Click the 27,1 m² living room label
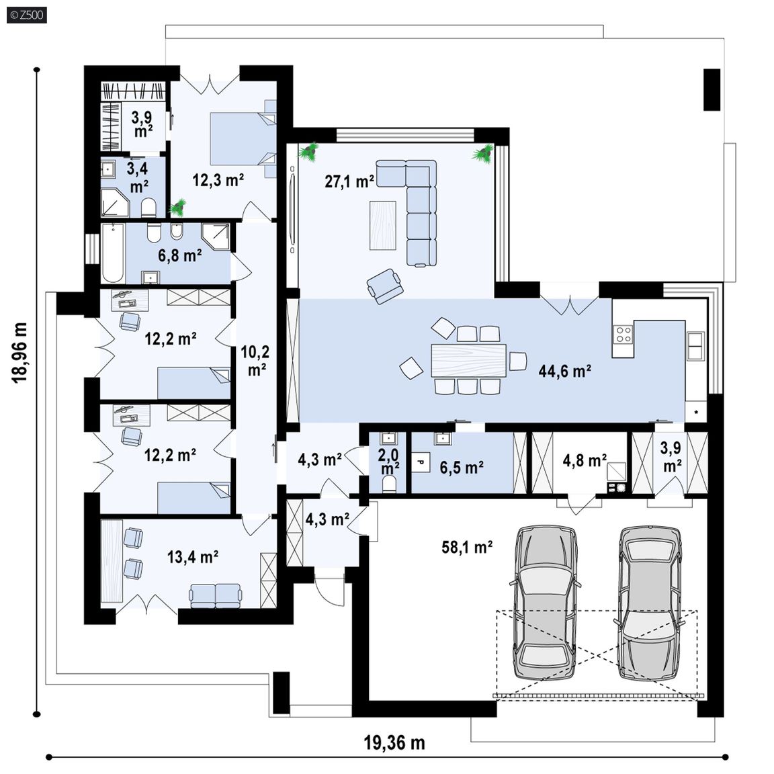349,181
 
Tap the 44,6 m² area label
564,371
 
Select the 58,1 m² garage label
467,547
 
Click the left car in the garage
545,602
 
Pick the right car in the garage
650,603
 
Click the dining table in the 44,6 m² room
468,360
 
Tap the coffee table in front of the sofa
382,226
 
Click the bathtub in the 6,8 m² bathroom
113,253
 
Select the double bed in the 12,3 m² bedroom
243,138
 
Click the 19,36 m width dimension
394,742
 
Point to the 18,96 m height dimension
20,353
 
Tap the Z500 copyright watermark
27,15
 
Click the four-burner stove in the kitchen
623,334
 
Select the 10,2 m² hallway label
256,360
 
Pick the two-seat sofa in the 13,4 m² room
216,596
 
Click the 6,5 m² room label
462,467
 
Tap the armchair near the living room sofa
384,286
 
